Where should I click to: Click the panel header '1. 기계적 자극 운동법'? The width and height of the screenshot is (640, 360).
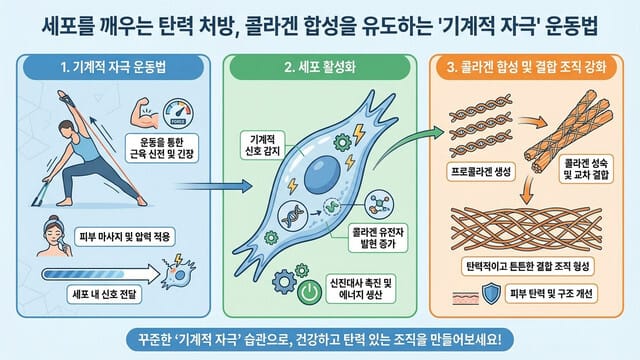coord(113,71)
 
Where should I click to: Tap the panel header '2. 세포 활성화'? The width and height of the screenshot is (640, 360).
coord(321,71)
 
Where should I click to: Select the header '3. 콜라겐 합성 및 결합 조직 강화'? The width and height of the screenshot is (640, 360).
coord(528,71)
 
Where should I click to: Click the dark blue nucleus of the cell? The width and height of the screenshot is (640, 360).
coord(329,174)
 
